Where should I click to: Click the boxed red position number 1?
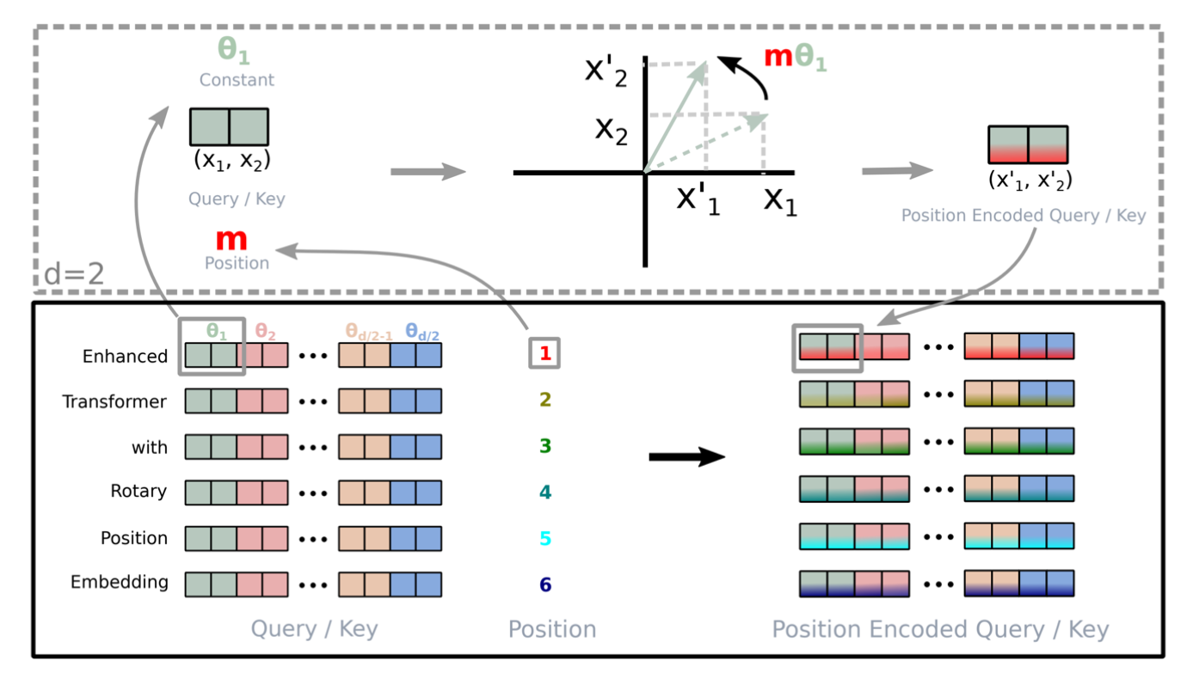(x=545, y=353)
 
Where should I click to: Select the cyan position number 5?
(x=545, y=538)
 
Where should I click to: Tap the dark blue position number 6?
(x=545, y=584)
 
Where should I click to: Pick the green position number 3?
(x=545, y=445)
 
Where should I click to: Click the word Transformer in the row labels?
(x=114, y=401)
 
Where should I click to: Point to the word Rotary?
(x=138, y=491)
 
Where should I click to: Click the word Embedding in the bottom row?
(x=120, y=582)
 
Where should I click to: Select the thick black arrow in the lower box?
(x=686, y=456)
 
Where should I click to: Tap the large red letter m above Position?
(x=231, y=240)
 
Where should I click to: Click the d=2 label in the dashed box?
(x=74, y=274)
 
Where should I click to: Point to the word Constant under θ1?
(x=237, y=80)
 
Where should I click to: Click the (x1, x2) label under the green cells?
(x=231, y=160)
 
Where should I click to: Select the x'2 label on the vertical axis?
(x=606, y=72)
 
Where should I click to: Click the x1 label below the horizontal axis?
(x=780, y=202)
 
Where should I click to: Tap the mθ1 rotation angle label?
(x=796, y=58)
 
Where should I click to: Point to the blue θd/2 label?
(x=421, y=332)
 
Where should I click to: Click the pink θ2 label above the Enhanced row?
(x=265, y=332)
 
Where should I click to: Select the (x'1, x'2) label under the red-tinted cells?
(x=1030, y=180)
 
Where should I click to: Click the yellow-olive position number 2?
(x=545, y=400)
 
